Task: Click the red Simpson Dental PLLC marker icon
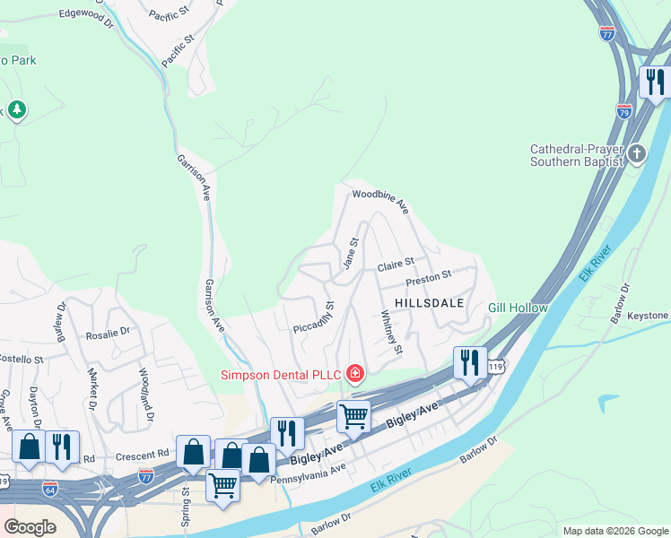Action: (356, 373)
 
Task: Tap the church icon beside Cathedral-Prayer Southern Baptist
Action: (637, 153)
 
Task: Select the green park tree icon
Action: (17, 110)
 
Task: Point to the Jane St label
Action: (350, 252)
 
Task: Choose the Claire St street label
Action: (395, 265)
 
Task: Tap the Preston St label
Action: (427, 278)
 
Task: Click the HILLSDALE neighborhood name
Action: (429, 303)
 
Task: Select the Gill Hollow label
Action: (518, 308)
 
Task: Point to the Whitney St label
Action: (391, 331)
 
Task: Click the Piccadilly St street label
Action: (314, 320)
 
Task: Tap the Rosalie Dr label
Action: (109, 332)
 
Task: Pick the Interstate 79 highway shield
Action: (624, 111)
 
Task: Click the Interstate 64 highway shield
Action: (50, 489)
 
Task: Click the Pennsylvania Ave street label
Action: (308, 473)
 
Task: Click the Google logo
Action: (30, 527)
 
